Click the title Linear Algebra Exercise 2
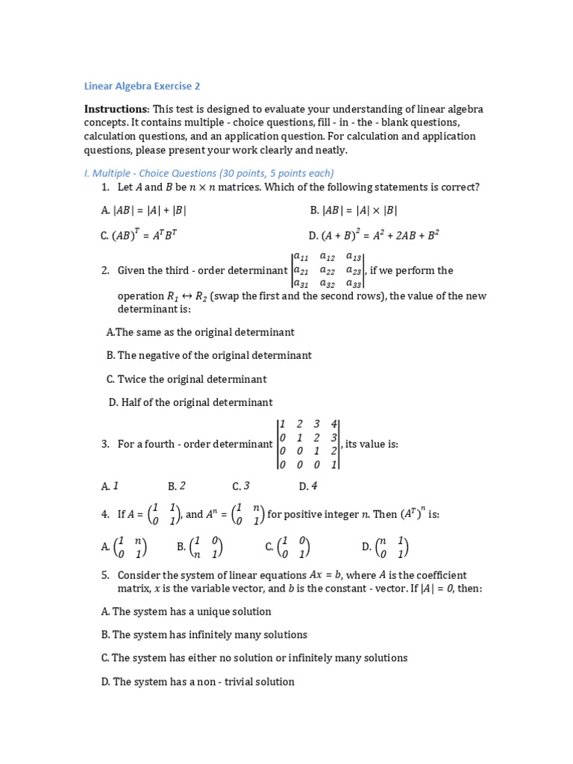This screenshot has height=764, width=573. coord(141,86)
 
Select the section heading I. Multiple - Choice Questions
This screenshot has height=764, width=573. coord(208,173)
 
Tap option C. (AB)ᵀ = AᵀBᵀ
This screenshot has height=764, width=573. coord(139,235)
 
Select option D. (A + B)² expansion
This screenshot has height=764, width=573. coord(375,235)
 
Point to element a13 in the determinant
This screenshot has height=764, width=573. coord(354,257)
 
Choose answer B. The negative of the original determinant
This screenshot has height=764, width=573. coord(209,355)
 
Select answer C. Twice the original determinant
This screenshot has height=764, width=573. coord(187,379)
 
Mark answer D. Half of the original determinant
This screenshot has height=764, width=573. coord(191,402)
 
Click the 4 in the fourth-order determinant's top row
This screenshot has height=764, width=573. coord(334,424)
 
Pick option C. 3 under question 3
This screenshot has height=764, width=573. coord(240,486)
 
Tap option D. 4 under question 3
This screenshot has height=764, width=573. coord(308,486)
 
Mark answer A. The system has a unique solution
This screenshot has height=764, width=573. coord(187,611)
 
